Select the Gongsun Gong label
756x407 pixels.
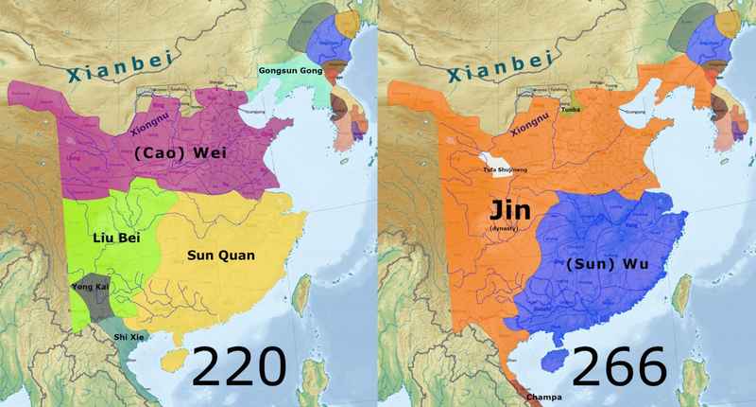click(x=291, y=71)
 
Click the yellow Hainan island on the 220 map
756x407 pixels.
click(x=173, y=362)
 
